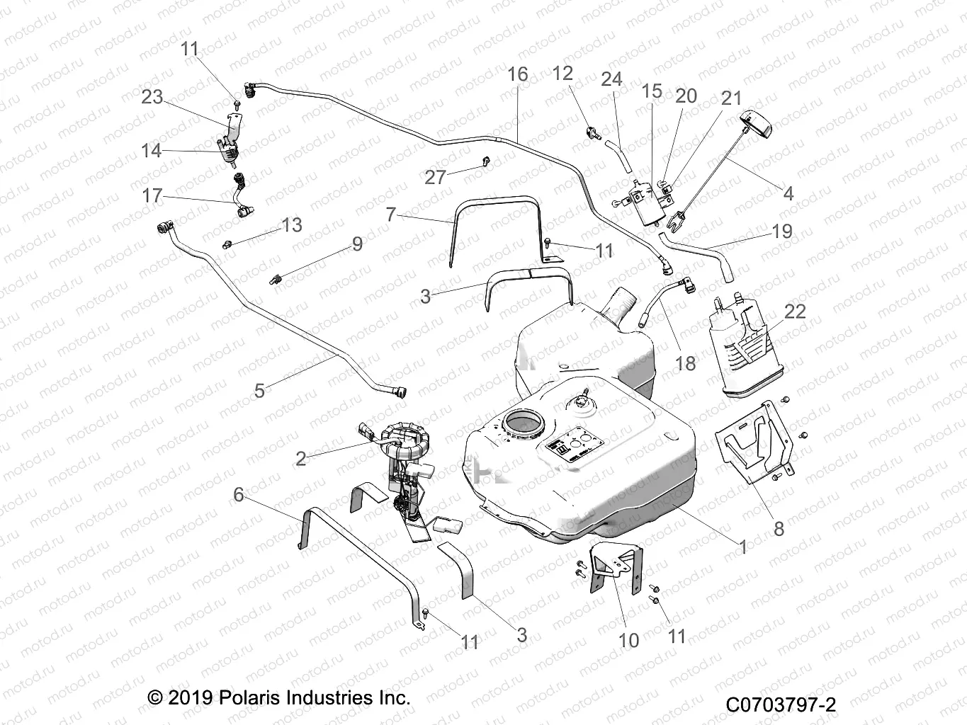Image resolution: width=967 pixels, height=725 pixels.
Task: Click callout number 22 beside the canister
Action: pyautogui.click(x=795, y=312)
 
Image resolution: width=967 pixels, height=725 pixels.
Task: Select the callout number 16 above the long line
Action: pyautogui.click(x=518, y=74)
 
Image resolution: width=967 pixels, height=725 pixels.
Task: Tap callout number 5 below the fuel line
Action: pyautogui.click(x=259, y=390)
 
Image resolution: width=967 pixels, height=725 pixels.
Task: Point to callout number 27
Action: pyautogui.click(x=434, y=176)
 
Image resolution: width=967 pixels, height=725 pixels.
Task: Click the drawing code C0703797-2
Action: pyautogui.click(x=781, y=705)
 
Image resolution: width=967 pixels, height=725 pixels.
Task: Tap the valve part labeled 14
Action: pyautogui.click(x=228, y=149)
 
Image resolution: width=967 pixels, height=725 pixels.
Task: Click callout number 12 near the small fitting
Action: pyautogui.click(x=562, y=74)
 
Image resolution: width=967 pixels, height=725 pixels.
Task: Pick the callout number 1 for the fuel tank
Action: pyautogui.click(x=742, y=547)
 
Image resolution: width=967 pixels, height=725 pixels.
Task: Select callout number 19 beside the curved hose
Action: pyautogui.click(x=782, y=232)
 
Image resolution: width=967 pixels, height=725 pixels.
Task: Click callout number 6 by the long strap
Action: pyautogui.click(x=239, y=494)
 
